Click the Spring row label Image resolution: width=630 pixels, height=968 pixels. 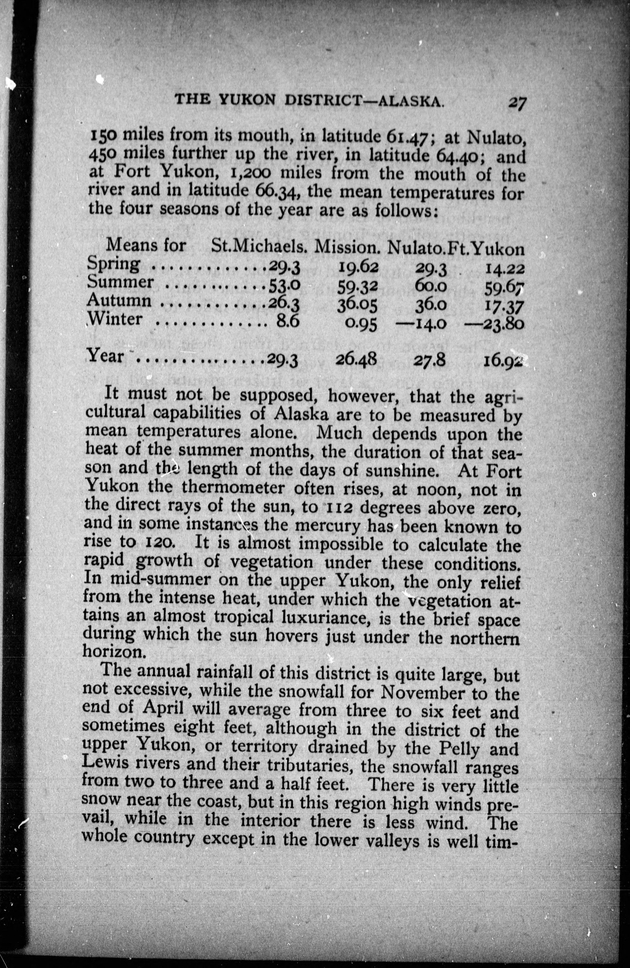click(x=113, y=265)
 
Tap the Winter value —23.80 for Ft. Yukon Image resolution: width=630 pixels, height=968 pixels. click(x=493, y=324)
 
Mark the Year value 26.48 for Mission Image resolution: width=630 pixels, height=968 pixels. click(x=357, y=359)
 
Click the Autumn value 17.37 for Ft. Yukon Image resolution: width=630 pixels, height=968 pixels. click(x=502, y=306)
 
